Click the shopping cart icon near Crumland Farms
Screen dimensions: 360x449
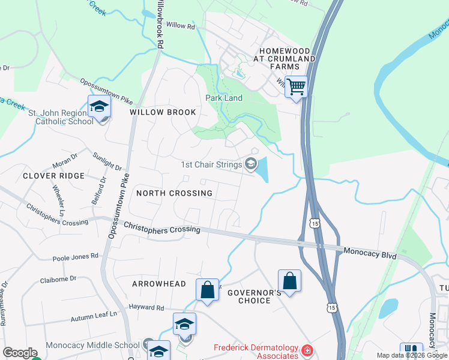[296, 87]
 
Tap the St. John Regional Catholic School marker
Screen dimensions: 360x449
[99, 107]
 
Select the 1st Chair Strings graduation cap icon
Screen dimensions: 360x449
[251, 164]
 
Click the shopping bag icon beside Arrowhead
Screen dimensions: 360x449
[207, 290]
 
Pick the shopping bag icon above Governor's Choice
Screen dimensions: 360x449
[289, 280]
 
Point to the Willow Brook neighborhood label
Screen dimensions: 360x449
[163, 112]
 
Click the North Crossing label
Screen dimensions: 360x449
[174, 193]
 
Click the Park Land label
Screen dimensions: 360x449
[224, 98]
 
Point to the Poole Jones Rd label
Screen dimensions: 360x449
[75, 257]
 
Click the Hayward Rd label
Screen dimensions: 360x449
[146, 308]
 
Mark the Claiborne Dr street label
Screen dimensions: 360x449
[58, 279]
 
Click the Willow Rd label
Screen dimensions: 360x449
[181, 26]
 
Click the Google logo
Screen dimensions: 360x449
[19, 353]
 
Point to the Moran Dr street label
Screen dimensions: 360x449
[65, 160]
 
